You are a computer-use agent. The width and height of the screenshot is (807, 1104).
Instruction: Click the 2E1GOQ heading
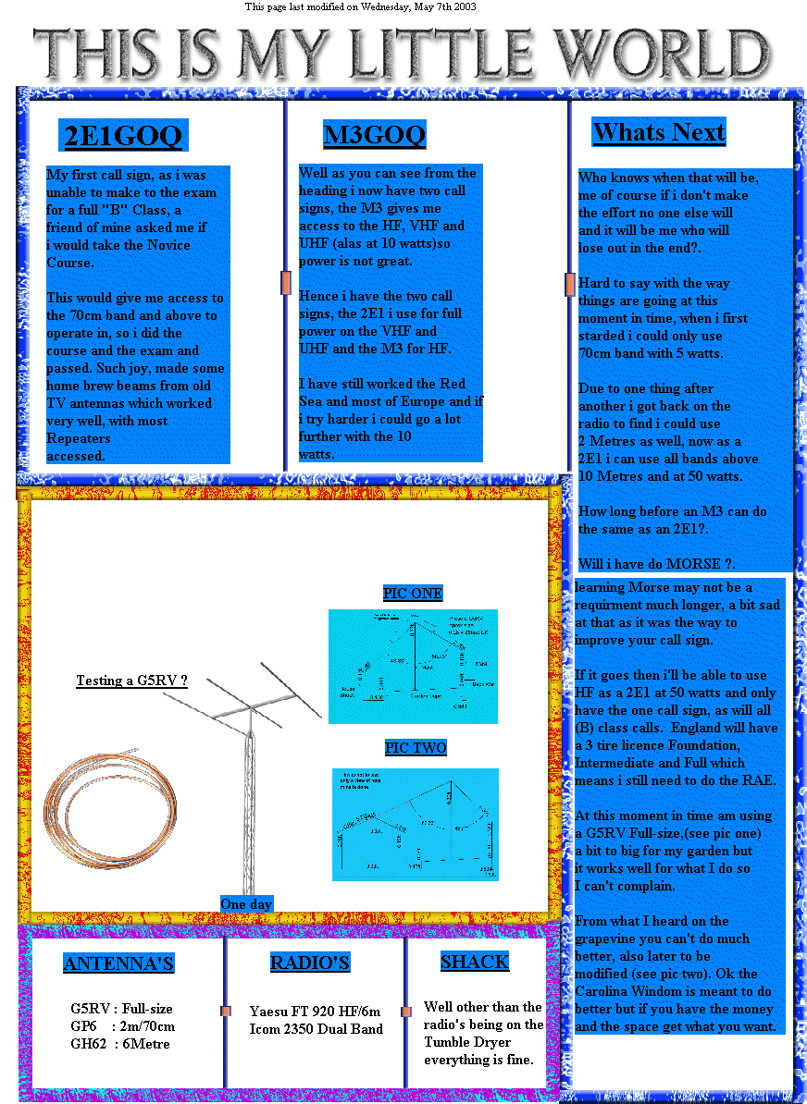[x=123, y=136]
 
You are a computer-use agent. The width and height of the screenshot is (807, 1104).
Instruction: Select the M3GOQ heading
[x=374, y=135]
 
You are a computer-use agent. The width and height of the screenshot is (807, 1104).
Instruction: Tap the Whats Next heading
[x=658, y=132]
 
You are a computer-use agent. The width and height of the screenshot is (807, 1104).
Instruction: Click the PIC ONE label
[x=413, y=594]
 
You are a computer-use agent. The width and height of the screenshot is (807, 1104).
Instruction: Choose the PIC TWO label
[x=416, y=747]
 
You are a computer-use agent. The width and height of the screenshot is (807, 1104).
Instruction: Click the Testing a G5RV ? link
[x=131, y=681]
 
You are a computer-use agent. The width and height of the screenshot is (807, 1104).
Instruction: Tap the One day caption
[x=246, y=903]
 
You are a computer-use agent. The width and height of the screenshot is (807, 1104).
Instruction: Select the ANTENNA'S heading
[x=118, y=964]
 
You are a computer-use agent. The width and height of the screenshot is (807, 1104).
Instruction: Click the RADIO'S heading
[x=310, y=963]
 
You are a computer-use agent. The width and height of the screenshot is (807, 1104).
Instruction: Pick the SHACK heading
[x=475, y=962]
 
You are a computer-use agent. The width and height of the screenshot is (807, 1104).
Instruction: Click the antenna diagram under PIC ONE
[x=413, y=666]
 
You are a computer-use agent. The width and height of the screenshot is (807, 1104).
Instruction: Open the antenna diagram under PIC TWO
[x=415, y=823]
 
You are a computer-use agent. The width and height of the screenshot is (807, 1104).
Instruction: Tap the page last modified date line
[x=361, y=6]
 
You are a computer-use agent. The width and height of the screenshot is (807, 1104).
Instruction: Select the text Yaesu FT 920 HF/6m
[x=316, y=1011]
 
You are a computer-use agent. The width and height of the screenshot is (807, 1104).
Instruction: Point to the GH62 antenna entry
[x=120, y=1044]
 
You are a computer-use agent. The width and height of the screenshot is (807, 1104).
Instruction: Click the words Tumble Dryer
[x=467, y=1042]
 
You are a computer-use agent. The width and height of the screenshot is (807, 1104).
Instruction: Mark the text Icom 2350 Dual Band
[x=316, y=1028]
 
